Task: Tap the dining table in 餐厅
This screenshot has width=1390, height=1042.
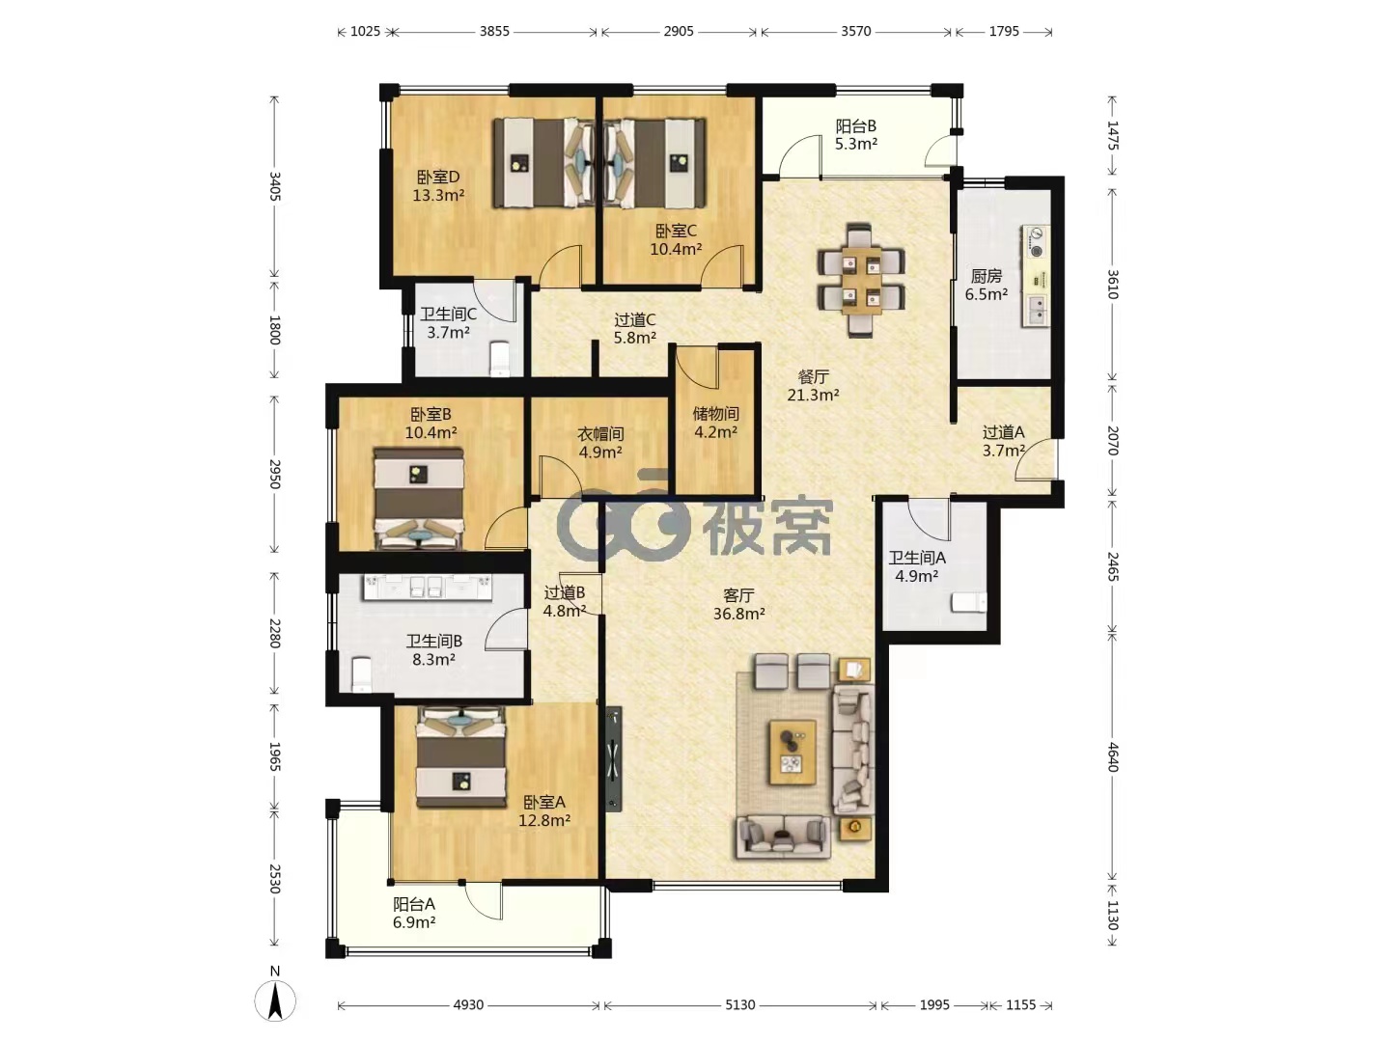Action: point(861,280)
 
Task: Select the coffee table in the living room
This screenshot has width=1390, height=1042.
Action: point(792,753)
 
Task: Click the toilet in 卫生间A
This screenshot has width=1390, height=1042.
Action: point(968,601)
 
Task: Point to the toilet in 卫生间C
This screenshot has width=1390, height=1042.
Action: point(500,358)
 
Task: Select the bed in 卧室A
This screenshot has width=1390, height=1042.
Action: point(461,757)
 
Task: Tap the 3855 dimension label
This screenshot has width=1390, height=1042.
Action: point(494,31)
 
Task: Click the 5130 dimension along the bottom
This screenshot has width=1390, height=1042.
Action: point(739,1004)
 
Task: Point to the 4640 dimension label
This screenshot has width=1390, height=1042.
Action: point(1113,756)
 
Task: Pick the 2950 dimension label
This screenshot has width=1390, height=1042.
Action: point(274,473)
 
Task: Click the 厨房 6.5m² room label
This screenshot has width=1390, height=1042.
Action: point(986,286)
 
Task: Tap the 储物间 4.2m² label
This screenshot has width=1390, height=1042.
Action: point(715,423)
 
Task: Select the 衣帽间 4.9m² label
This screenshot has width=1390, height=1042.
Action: point(600,443)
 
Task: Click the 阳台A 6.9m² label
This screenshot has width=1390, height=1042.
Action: point(413,913)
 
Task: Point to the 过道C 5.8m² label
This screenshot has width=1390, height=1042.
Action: point(634,329)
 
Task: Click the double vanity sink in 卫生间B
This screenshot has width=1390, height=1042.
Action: point(427,587)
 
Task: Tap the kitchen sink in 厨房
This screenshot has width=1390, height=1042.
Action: point(1037,312)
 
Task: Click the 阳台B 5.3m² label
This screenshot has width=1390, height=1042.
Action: point(855,135)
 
